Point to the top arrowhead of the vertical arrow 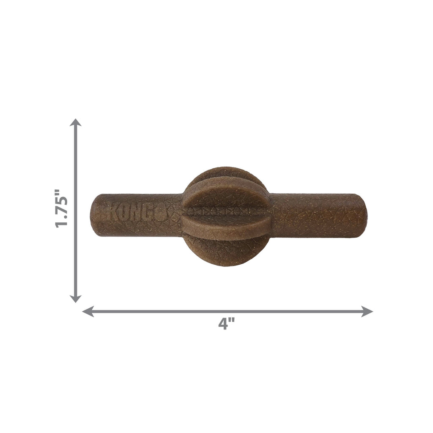[x=75, y=123]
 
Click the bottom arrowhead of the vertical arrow [x=75, y=298]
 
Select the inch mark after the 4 [x=232, y=321]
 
